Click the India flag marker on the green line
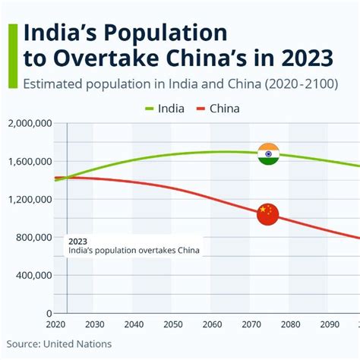click(268, 153)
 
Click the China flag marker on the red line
click(268, 214)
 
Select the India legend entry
click(165, 108)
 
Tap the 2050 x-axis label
click(172, 324)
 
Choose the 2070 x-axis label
click(249, 324)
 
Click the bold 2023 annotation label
click(77, 241)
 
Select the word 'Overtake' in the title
click(96, 58)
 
